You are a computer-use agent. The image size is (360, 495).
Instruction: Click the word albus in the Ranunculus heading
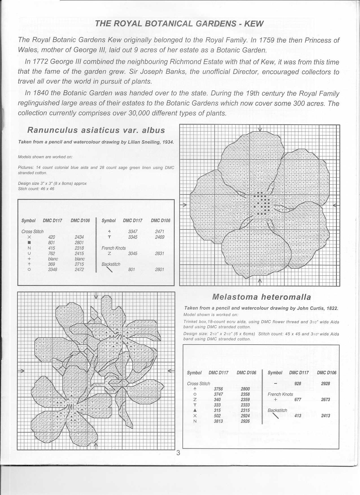[x=153, y=130]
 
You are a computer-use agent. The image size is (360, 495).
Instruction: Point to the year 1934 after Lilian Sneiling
[x=168, y=142]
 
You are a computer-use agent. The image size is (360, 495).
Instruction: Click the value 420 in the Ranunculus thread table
[x=52, y=237]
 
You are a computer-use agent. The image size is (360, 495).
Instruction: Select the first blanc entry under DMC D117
[x=53, y=259]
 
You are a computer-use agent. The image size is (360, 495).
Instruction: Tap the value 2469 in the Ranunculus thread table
[x=160, y=237]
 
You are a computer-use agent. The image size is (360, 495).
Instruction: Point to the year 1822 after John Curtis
[x=332, y=308]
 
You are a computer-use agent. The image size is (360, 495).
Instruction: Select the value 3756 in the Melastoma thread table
[x=219, y=389]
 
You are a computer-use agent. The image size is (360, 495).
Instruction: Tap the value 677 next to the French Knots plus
[x=298, y=400]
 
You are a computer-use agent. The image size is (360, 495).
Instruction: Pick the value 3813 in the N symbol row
[x=218, y=421]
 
